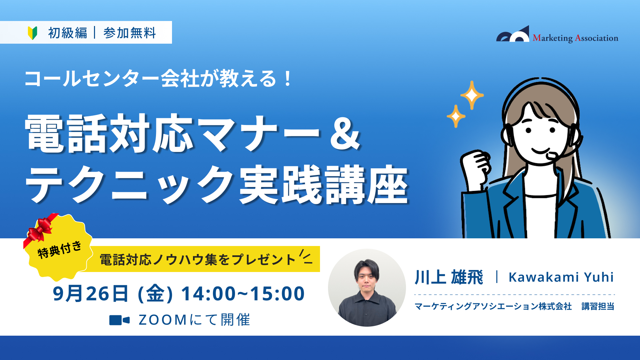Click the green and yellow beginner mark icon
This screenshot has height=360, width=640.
click(32, 33)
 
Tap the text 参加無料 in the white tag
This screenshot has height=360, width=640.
click(130, 33)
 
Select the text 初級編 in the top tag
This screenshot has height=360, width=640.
click(68, 33)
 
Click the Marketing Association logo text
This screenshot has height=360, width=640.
click(575, 38)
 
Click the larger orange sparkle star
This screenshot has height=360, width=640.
click(472, 95)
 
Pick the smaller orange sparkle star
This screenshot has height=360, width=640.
click(456, 116)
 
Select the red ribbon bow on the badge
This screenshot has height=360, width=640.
click(40, 228)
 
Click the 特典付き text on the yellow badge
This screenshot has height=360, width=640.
click(59, 250)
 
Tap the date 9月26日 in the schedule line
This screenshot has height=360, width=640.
click(90, 294)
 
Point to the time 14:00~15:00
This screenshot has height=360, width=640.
click(243, 294)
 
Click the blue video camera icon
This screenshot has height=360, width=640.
click(119, 320)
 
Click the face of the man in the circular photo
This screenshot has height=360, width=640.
click(367, 278)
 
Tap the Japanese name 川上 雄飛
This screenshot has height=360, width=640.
click(449, 277)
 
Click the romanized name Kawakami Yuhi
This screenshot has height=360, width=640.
click(561, 277)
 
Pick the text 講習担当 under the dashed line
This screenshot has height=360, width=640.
click(598, 306)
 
